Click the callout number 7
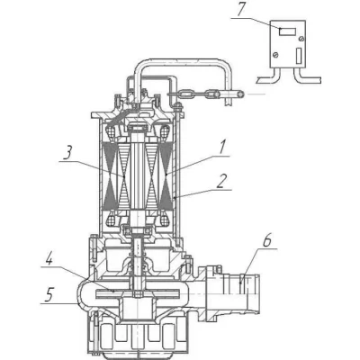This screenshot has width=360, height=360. click(240, 10)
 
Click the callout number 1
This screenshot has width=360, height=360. click(222, 148)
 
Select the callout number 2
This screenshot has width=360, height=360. click(221, 182)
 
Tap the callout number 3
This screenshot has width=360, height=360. click(68, 153)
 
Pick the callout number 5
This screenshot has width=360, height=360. click(49, 295)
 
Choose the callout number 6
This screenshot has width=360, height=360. click(267, 241)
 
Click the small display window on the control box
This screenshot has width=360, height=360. click(288, 31)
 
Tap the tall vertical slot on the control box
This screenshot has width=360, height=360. click(299, 56)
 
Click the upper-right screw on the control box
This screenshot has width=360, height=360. click(301, 39)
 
